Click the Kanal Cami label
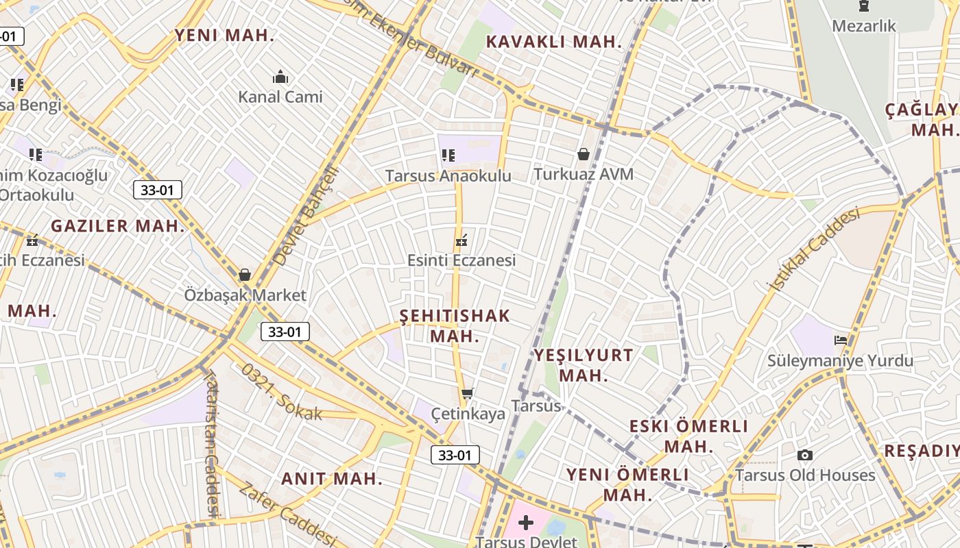(280, 97)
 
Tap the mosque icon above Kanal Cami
(280, 76)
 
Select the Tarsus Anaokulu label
(448, 176)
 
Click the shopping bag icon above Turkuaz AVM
(584, 154)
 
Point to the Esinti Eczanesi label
(461, 260)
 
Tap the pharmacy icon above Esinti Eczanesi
(461, 240)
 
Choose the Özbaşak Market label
(245, 295)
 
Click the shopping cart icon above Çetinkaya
(468, 393)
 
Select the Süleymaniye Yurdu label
(840, 361)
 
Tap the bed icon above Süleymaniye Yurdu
(841, 340)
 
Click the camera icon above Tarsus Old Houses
(805, 455)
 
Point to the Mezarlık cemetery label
(864, 26)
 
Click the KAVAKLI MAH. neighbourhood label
(553, 42)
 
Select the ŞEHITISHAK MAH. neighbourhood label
(455, 326)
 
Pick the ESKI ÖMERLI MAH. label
(688, 436)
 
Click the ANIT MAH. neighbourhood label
(332, 479)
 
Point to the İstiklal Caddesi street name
(816, 249)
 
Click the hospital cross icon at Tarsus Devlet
(526, 523)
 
